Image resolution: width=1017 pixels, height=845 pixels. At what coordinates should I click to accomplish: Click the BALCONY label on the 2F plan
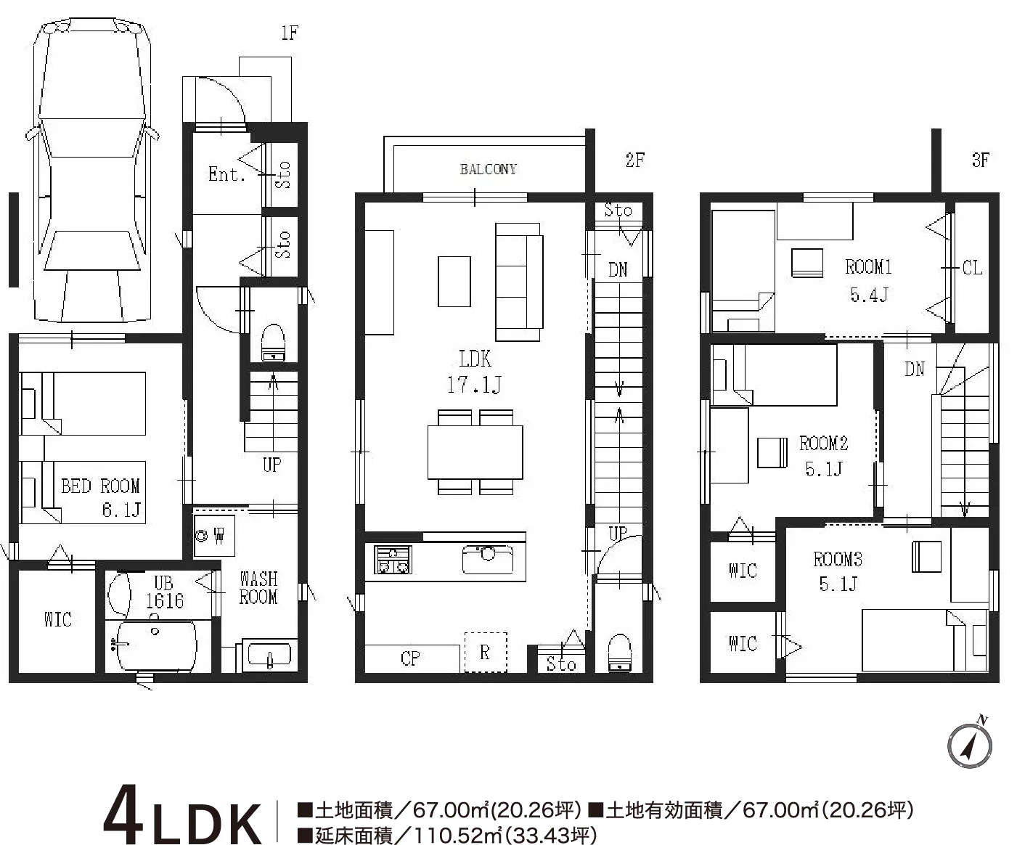tap(488, 169)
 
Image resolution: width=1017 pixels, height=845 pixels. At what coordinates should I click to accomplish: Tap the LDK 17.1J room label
tap(475, 372)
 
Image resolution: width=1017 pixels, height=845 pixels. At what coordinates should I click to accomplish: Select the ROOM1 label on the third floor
tap(868, 267)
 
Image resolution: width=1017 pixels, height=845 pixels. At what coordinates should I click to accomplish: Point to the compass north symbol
tap(970, 745)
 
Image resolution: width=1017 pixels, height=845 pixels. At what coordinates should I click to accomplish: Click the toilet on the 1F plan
tap(273, 343)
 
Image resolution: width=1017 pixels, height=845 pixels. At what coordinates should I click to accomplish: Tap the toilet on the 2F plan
tap(619, 653)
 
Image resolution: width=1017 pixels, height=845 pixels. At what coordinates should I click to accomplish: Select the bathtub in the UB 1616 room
tap(157, 646)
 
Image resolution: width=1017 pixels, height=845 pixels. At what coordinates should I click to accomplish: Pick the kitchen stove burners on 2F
tap(393, 560)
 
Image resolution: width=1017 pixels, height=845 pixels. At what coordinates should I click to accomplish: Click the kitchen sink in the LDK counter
tap(488, 559)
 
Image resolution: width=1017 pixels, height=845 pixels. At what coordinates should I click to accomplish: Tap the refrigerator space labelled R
tap(486, 652)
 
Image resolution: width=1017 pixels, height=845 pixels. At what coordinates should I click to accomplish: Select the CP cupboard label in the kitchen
tap(410, 658)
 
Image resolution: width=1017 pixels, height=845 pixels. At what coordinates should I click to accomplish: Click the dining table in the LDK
tap(475, 452)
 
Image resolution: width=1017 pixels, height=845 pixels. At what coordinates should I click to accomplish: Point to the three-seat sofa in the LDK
tap(519, 282)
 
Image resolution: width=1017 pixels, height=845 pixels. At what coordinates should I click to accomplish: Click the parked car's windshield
tap(92, 137)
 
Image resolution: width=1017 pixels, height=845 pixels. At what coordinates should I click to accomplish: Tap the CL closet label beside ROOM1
tap(972, 268)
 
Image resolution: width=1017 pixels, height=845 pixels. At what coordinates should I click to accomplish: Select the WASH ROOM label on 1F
tap(258, 588)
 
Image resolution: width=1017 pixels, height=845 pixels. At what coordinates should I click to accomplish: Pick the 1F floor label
tap(290, 33)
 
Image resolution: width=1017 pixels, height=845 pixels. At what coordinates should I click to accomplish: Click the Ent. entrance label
tap(226, 174)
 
